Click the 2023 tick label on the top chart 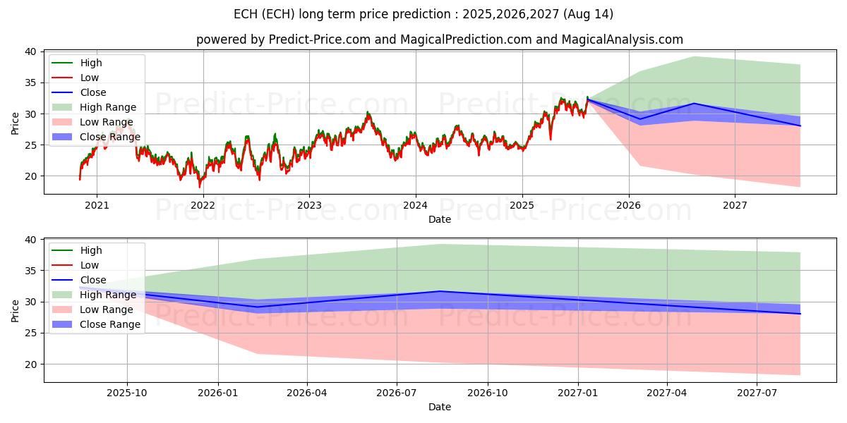[x=309, y=206]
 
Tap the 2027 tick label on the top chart [x=735, y=206]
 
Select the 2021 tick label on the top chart [x=97, y=206]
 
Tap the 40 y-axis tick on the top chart [x=31, y=51]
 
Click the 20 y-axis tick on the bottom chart [x=31, y=364]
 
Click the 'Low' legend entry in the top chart [x=90, y=78]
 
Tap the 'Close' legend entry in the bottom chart [x=93, y=280]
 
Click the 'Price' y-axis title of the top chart [x=16, y=123]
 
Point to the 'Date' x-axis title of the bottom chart [x=440, y=407]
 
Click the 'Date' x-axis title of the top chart [x=440, y=219]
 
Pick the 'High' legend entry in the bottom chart [x=91, y=250]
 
